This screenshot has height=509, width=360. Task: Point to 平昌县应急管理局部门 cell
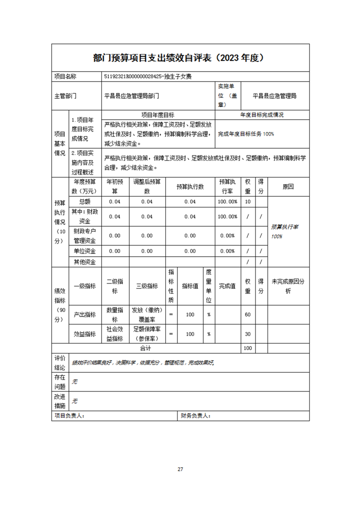(132, 96)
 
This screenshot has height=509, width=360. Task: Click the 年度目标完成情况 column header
(262, 115)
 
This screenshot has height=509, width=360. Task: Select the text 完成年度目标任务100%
(246, 134)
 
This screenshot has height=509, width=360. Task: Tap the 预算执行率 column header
(227, 186)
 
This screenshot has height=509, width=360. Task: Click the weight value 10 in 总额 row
(247, 201)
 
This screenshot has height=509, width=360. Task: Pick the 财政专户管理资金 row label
(85, 235)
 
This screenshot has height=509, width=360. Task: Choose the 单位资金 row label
(85, 251)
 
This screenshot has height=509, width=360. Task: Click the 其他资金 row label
(85, 261)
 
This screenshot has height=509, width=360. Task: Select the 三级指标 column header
(147, 286)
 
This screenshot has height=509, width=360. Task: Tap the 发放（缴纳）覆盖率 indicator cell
(147, 314)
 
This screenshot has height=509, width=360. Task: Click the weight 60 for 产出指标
(247, 314)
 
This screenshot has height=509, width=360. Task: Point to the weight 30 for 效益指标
(247, 334)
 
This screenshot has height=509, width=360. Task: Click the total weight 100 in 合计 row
(247, 348)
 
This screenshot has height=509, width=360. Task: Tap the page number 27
(180, 469)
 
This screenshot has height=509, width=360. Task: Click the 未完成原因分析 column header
(288, 286)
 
